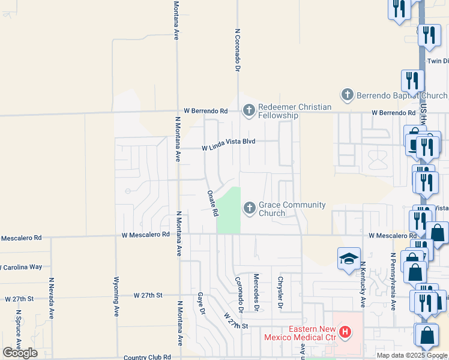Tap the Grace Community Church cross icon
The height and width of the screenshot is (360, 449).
(x=249, y=208)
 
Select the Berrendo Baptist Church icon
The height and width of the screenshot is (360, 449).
(x=347, y=95)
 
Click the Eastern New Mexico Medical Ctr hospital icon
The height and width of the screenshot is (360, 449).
(x=345, y=331)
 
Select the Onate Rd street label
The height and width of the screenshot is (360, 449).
(x=212, y=203)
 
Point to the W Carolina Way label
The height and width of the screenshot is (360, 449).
(x=21, y=266)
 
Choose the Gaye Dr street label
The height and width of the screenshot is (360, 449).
(x=201, y=304)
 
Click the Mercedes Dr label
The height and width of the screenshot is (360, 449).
(x=256, y=292)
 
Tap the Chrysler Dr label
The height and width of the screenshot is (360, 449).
(x=280, y=292)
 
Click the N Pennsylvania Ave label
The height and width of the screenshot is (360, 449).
(x=393, y=281)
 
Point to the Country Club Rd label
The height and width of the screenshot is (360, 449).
(x=147, y=357)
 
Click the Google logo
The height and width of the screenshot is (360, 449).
(x=20, y=353)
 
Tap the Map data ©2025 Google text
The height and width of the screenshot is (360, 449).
(x=412, y=355)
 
